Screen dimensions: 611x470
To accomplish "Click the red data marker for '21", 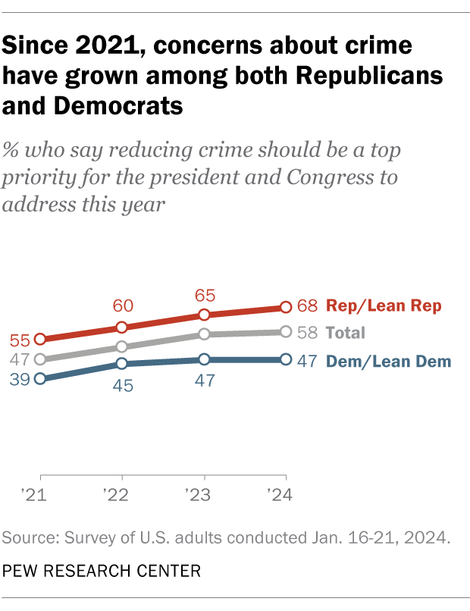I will pos(40,339).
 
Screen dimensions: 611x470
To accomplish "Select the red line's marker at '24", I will pos(286,307).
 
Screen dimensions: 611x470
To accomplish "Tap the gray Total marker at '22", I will pos(122,346).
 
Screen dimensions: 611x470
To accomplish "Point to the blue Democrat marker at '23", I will pos(204,359).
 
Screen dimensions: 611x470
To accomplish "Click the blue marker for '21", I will pos(40,378).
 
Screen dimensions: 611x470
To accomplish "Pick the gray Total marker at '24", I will pos(286,331).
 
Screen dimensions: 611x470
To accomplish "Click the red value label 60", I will pos(123,305).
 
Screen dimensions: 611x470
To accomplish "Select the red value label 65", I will pos(205,292).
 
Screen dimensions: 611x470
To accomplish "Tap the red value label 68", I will pos(307,307).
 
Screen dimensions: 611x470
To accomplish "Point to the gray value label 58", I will pos(307,332).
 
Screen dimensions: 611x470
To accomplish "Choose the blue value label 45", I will pos(123,385).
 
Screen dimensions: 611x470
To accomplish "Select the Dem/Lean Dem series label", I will pos(388,362).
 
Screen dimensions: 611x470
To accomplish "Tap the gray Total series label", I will pos(345,333).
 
